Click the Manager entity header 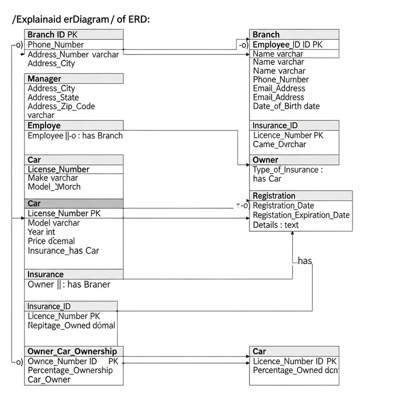click(x=44, y=79)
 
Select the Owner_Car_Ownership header click(x=72, y=351)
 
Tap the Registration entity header click(x=274, y=196)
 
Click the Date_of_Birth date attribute click(x=286, y=106)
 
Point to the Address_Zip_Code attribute click(x=61, y=106)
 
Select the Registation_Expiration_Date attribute click(x=301, y=215)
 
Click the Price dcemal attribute click(x=51, y=241)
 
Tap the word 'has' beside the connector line click(x=305, y=261)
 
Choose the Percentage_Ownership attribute click(x=70, y=370)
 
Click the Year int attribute click(x=41, y=232)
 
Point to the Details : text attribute click(x=275, y=225)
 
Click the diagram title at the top click(x=81, y=19)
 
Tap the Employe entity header click(x=44, y=125)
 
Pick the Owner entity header click(x=265, y=160)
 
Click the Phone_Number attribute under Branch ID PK click(x=56, y=44)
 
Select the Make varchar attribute click(x=53, y=178)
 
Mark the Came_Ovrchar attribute click(x=279, y=144)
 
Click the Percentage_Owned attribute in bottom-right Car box click(x=294, y=370)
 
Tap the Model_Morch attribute click(x=54, y=187)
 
